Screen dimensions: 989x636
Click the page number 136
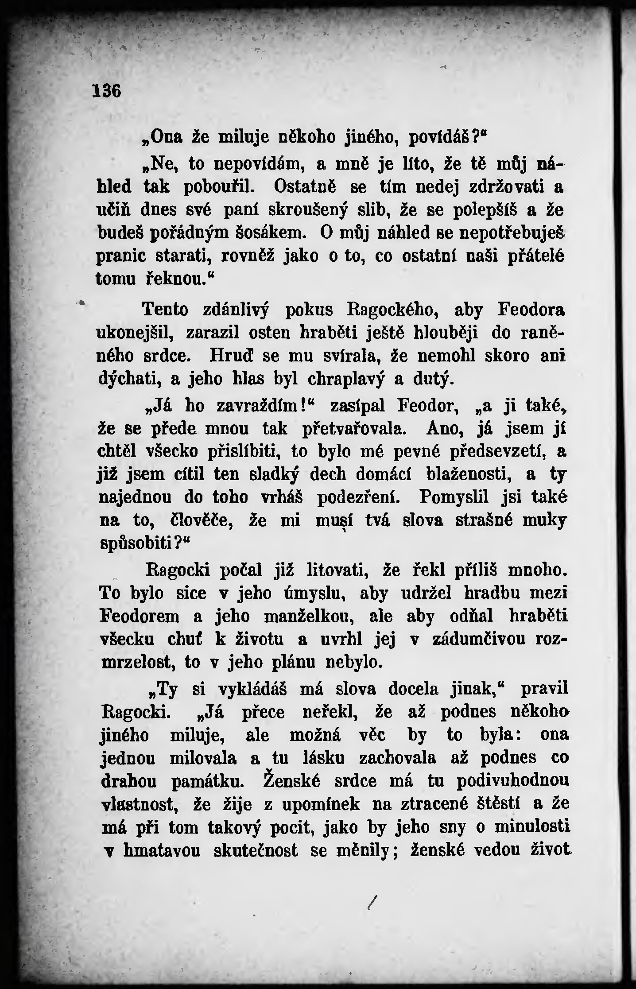pyautogui.click(x=107, y=91)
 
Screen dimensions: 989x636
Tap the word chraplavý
pyautogui.click(x=346, y=380)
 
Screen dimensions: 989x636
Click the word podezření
pyautogui.click(x=359, y=498)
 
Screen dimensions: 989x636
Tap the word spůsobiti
pyautogui.click(x=136, y=544)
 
